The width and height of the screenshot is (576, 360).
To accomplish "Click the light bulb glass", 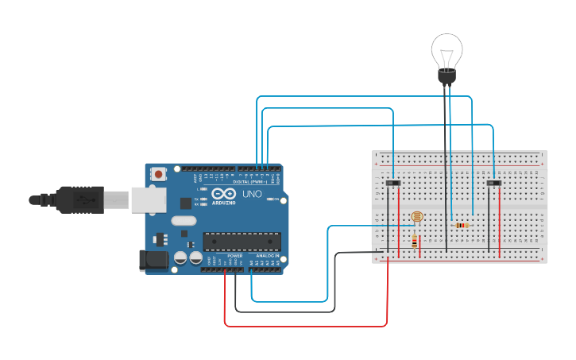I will point(446,51).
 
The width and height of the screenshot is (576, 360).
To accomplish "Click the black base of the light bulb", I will point(446,77).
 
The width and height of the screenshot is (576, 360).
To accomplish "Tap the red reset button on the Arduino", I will point(159,173).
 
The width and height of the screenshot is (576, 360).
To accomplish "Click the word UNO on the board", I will point(251,194).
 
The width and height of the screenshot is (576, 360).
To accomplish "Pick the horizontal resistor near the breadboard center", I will point(460,225).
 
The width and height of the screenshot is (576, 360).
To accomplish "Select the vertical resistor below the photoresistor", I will point(414,242).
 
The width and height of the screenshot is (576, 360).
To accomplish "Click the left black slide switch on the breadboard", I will point(392,184).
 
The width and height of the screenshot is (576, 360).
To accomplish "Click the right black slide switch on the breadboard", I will point(494,184).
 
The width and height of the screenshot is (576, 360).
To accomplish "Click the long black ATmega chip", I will point(242,241).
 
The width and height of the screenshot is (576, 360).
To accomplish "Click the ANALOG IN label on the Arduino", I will point(267,255).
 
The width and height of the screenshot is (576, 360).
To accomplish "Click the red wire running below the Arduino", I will point(306,325).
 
